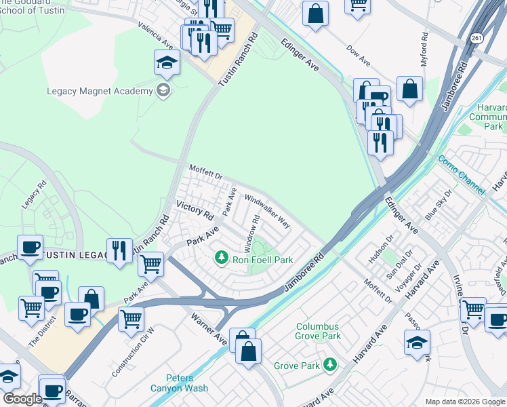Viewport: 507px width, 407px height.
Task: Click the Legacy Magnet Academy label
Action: [x=100, y=91]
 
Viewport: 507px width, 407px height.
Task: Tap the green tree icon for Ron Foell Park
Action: [x=221, y=258]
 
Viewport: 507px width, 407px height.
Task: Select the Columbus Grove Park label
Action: [x=318, y=331]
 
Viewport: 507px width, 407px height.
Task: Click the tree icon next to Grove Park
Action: [x=330, y=365]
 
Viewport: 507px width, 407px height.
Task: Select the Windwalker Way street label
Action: [x=267, y=212]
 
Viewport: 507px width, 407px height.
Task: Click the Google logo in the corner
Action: [x=22, y=399]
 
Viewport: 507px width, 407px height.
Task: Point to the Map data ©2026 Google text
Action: [x=464, y=402]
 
